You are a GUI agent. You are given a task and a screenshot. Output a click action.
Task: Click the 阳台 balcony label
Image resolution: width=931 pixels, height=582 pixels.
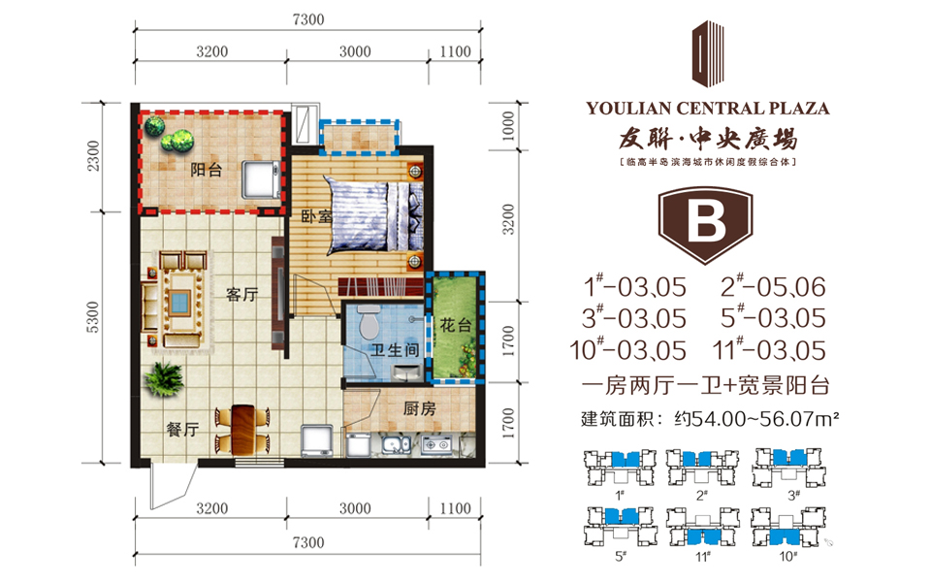pyautogui.click(x=206, y=170)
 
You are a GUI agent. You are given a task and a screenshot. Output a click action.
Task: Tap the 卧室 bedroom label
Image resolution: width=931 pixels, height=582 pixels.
pyautogui.click(x=316, y=216)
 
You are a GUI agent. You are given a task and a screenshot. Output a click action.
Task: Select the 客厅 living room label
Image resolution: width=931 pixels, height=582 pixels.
pyautogui.click(x=242, y=294)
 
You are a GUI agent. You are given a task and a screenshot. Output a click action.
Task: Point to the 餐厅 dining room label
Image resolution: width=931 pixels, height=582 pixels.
pyautogui.click(x=183, y=430)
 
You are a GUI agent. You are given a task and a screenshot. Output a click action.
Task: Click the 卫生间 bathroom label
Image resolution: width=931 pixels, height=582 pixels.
pyautogui.click(x=396, y=350)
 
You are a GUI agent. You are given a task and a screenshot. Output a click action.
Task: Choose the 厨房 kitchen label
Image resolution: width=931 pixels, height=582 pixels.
pyautogui.click(x=419, y=408)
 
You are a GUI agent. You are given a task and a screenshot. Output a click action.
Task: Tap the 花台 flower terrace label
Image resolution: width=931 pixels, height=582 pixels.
pyautogui.click(x=456, y=325)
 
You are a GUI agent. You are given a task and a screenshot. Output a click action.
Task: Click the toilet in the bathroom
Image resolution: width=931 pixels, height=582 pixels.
pyautogui.click(x=369, y=321)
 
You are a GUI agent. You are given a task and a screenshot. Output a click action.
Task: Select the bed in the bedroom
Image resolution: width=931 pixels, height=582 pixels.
pyautogui.click(x=374, y=215)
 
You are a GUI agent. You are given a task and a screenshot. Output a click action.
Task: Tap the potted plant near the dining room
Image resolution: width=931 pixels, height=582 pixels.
pyautogui.click(x=163, y=379)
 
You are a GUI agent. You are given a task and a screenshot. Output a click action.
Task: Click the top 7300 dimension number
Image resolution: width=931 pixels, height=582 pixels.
pyautogui.click(x=308, y=19)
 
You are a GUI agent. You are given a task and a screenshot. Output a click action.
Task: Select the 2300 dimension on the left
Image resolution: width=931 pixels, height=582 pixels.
pyautogui.click(x=94, y=155)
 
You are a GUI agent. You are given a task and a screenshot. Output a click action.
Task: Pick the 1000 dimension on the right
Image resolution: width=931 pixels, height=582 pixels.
pyautogui.click(x=508, y=126)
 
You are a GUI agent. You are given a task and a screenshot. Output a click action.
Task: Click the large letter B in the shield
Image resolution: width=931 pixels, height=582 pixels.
pyautogui.click(x=706, y=221)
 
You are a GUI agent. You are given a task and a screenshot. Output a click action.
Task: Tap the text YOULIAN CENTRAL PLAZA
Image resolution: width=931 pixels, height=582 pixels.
pyautogui.click(x=708, y=108)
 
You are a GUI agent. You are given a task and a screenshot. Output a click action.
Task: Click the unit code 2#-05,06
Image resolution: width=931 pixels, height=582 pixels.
pyautogui.click(x=773, y=287)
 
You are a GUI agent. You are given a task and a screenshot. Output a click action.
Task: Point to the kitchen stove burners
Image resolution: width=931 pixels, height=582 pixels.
pyautogui.click(x=436, y=444)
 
